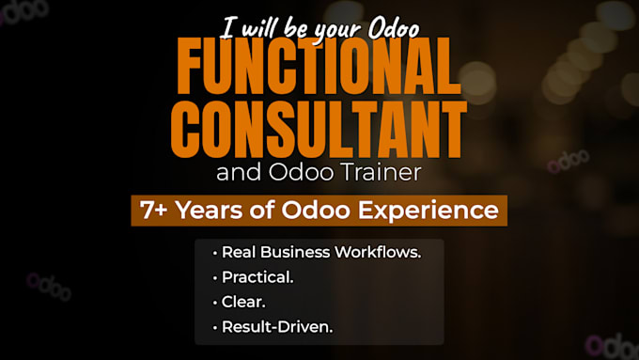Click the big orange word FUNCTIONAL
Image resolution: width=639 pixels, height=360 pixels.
(x=319, y=66)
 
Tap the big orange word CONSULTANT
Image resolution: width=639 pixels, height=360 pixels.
(x=319, y=129)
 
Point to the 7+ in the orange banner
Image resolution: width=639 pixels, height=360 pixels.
(x=153, y=210)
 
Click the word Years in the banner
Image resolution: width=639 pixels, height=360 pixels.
(x=209, y=210)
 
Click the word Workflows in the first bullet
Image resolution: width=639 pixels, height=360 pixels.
(x=378, y=252)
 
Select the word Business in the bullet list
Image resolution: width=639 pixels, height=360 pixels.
(x=295, y=252)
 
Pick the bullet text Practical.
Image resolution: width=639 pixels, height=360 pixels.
(x=257, y=277)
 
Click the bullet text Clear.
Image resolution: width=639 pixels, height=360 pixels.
(x=243, y=302)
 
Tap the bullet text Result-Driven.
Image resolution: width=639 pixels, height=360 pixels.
(x=277, y=327)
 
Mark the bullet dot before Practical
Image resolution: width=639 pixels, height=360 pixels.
(x=215, y=278)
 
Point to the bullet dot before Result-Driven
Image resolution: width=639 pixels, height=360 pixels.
(x=215, y=328)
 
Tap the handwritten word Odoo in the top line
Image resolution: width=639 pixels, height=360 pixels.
(x=394, y=27)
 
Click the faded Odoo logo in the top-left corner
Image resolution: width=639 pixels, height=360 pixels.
(x=23, y=11)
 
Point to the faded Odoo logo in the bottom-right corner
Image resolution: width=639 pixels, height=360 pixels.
(x=612, y=347)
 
